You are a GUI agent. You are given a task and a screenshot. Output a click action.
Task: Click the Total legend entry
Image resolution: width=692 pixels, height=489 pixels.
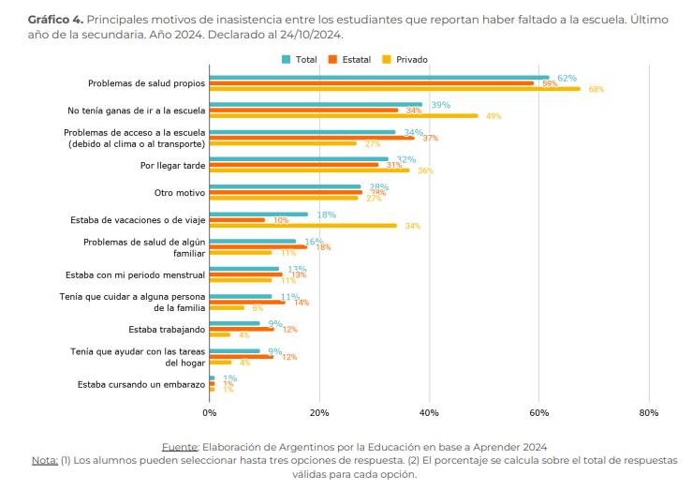coord(300,59)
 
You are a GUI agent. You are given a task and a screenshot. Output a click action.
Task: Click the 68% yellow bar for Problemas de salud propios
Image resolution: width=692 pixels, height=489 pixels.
coord(394,89)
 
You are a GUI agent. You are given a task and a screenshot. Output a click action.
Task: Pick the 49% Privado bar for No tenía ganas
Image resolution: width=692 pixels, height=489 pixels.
coord(343,116)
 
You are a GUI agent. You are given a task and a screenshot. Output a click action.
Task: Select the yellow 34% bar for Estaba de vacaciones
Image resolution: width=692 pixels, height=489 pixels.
coord(302,226)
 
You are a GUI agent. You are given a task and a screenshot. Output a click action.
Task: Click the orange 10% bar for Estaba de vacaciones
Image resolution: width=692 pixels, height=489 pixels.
coord(237,220)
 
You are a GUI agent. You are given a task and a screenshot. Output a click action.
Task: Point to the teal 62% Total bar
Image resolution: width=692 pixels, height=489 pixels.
coord(379,78)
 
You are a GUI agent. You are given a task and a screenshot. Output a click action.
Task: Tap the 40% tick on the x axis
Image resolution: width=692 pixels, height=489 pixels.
coord(429,412)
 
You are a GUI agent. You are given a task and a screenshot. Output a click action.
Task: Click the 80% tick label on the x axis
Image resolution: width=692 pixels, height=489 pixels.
coord(649,412)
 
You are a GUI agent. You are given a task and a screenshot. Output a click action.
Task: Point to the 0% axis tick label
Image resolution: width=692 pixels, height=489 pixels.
coord(210,412)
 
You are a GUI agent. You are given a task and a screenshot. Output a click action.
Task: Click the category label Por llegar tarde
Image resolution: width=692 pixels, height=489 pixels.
coord(172,166)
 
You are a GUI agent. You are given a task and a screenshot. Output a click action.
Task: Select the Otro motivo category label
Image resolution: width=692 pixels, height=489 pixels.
coord(179,193)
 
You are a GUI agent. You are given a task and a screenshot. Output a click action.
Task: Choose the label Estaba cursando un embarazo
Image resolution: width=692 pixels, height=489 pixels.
coord(140,384)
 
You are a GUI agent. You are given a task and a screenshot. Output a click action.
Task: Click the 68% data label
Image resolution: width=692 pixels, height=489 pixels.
coord(596,90)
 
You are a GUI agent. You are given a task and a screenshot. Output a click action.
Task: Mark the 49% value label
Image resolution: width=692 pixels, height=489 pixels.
coord(493,117)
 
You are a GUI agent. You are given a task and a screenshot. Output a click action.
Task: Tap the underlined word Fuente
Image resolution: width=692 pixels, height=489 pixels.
coord(180,446)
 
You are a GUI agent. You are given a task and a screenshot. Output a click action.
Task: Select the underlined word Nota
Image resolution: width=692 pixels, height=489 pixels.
coord(44,460)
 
